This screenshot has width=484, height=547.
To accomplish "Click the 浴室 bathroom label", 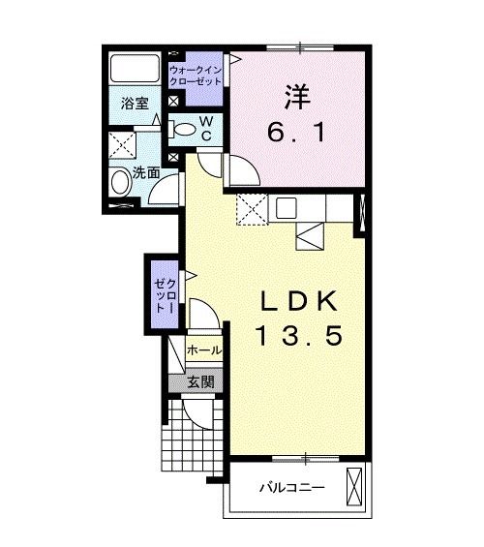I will (136, 104).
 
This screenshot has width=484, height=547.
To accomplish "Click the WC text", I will (205, 127).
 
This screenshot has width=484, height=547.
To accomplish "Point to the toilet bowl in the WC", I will (184, 128).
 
